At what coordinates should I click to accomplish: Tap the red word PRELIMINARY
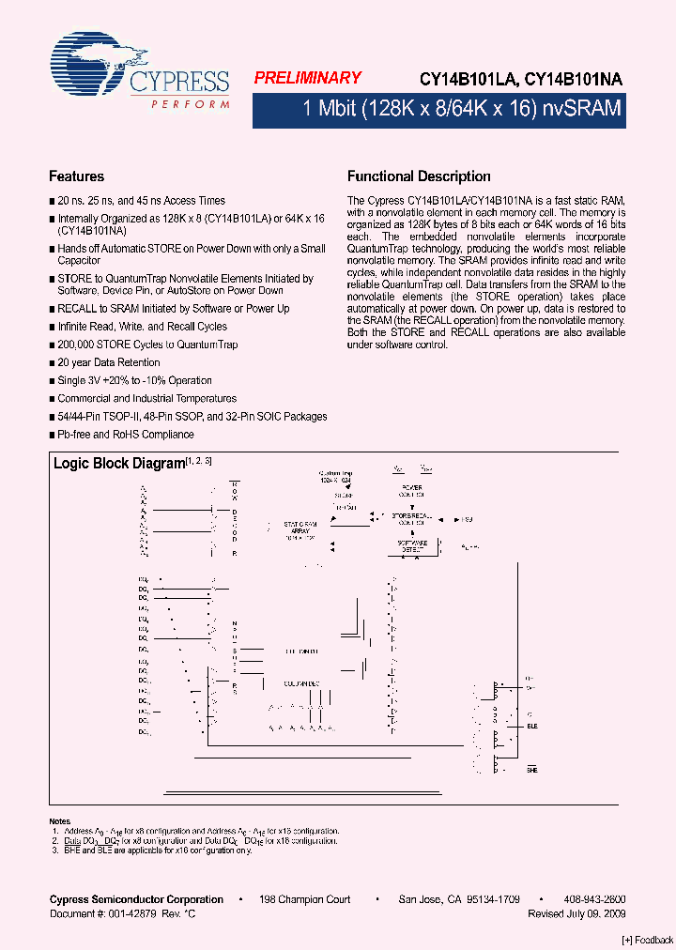307,79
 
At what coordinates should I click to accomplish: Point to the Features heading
76,176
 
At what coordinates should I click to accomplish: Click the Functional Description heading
419,176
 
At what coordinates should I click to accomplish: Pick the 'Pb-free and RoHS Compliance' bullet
126,435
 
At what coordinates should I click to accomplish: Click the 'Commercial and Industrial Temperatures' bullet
146,399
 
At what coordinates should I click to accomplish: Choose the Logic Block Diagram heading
118,464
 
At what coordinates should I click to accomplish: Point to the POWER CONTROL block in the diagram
412,491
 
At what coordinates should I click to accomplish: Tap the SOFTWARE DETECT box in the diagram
412,545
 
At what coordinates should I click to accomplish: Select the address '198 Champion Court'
305,899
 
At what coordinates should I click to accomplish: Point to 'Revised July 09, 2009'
576,913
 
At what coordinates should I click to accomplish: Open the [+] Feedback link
648,940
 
